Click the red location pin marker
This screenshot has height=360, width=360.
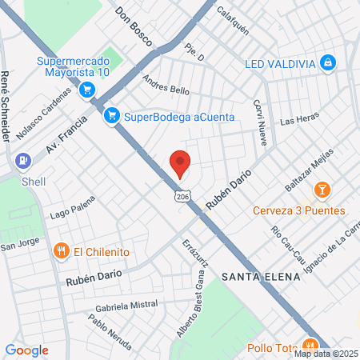[x=180, y=163]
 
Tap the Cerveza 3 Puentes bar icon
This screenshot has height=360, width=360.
[x=322, y=190]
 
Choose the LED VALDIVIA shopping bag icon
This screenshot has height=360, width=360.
[x=327, y=62]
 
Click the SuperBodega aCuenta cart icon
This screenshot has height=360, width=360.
[x=112, y=116]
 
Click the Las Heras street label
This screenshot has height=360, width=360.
[x=300, y=120]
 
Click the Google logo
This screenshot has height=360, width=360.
[x=26, y=350]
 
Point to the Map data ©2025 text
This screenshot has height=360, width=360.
[x=325, y=354]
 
